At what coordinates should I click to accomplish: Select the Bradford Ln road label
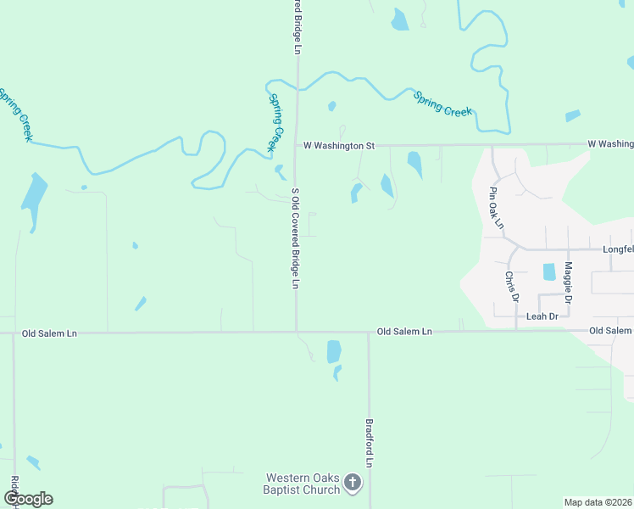pyautogui.click(x=370, y=442)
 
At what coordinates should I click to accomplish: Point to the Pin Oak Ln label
pyautogui.click(x=496, y=209)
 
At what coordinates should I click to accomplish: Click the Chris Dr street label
pyautogui.click(x=510, y=287)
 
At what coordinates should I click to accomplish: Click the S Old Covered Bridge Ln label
pyautogui.click(x=296, y=238)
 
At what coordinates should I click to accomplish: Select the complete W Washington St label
pyautogui.click(x=339, y=146)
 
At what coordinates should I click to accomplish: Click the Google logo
pyautogui.click(x=28, y=499)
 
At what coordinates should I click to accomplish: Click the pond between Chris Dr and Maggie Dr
pyautogui.click(x=548, y=272)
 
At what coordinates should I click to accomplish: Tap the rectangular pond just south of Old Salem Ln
pyautogui.click(x=334, y=351)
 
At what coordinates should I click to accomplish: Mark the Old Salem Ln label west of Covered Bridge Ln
pyautogui.click(x=49, y=334)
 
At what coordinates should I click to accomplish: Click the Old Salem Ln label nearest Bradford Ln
pyautogui.click(x=404, y=332)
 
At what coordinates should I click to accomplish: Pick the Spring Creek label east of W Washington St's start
pyautogui.click(x=442, y=104)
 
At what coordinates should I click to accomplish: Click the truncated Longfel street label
pyautogui.click(x=618, y=250)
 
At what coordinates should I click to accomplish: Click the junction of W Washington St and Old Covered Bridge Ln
pyautogui.click(x=297, y=146)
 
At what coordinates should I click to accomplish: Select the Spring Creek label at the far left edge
pyautogui.click(x=16, y=113)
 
